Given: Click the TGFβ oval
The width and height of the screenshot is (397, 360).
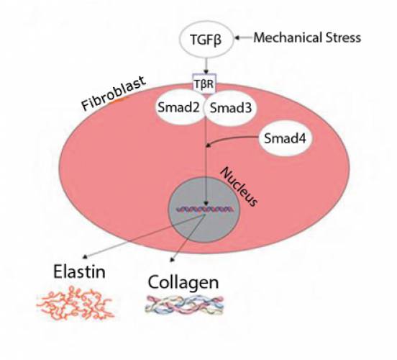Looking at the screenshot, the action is pyautogui.click(x=206, y=40).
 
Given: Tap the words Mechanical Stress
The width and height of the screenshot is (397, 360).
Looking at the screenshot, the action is pyautogui.click(x=307, y=37).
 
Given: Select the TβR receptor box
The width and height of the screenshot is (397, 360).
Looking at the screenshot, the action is pyautogui.click(x=204, y=84).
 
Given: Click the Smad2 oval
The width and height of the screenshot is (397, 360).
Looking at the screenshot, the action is pyautogui.click(x=179, y=107).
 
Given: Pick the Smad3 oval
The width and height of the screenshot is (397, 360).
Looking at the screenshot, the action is pyautogui.click(x=231, y=108).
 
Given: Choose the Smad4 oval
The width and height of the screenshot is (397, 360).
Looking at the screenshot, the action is pyautogui.click(x=285, y=138).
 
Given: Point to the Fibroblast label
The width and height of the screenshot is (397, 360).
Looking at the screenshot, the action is pyautogui.click(x=114, y=93).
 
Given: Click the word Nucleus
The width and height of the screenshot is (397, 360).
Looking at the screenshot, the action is pyautogui.click(x=239, y=187).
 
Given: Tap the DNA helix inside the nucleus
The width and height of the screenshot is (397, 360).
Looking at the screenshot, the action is pyautogui.click(x=206, y=210).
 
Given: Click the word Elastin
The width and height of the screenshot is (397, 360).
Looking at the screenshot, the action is pyautogui.click(x=79, y=271).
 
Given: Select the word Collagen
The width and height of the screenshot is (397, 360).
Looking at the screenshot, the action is pyautogui.click(x=183, y=282).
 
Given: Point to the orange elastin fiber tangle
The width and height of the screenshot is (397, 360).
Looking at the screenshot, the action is pyautogui.click(x=76, y=303).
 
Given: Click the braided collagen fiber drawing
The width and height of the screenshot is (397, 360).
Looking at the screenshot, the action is pyautogui.click(x=185, y=305).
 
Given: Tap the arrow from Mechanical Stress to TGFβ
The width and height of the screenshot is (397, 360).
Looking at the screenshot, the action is pyautogui.click(x=244, y=38).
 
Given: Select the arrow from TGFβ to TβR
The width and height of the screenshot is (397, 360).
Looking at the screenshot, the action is pyautogui.click(x=206, y=66).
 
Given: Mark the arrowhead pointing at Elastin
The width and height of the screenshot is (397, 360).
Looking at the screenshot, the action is pyautogui.click(x=86, y=256).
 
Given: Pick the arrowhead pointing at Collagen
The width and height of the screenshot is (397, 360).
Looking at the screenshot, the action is pyautogui.click(x=173, y=259).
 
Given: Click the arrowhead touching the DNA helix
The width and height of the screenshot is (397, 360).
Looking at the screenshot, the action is pyautogui.click(x=206, y=204).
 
